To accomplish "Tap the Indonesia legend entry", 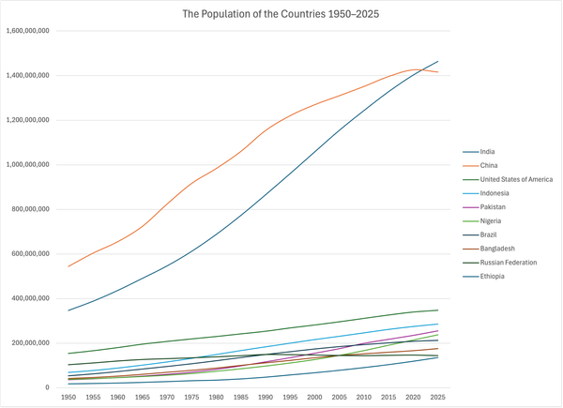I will (495, 193).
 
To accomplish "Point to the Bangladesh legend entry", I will (497, 249).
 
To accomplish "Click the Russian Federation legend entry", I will (507, 263).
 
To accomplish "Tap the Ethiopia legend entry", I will (494, 277).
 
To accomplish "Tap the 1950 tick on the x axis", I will (68, 398).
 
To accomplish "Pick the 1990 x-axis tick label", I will (266, 398).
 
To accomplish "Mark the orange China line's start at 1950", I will (68, 266).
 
